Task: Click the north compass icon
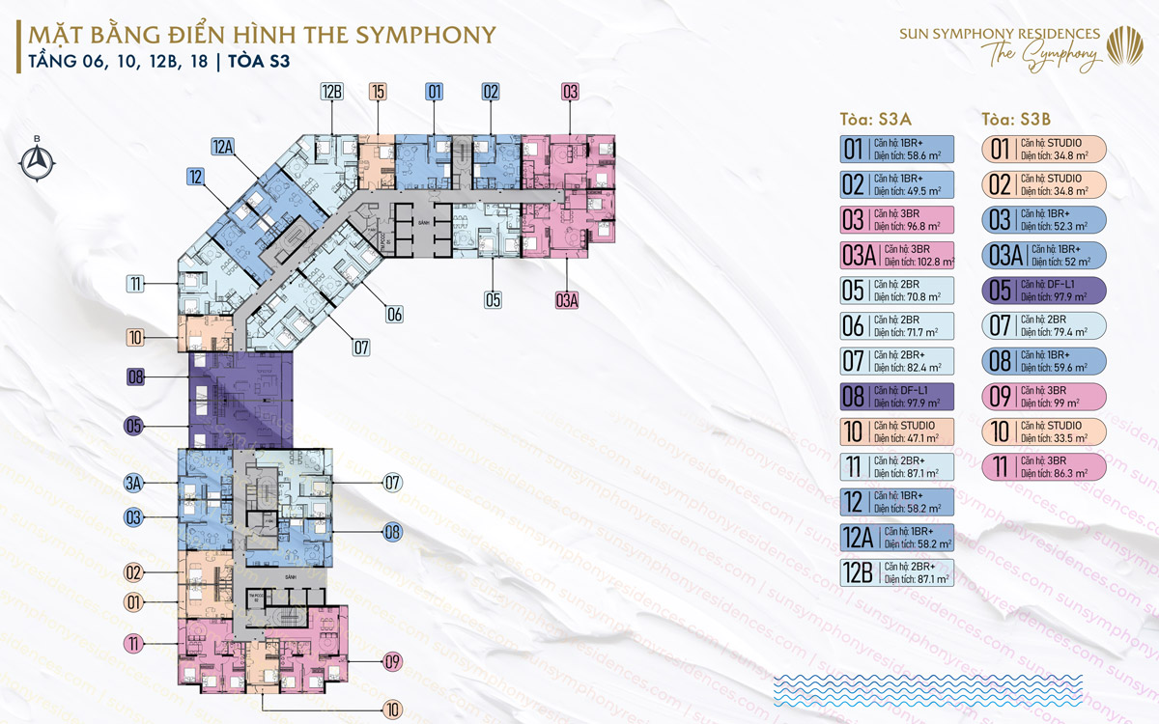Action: click(x=37, y=161)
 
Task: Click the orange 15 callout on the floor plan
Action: click(x=378, y=93)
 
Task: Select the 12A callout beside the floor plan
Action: click(x=223, y=147)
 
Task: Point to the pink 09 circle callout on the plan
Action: click(x=392, y=661)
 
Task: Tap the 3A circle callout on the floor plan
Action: click(x=134, y=482)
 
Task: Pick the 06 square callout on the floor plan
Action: click(x=394, y=314)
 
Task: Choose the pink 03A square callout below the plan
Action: click(x=567, y=299)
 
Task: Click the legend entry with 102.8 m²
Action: click(x=897, y=256)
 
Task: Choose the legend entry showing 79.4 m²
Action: click(x=1043, y=325)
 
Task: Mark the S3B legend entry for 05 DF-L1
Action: click(x=1043, y=291)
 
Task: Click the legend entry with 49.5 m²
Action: click(x=897, y=184)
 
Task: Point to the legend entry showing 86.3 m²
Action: click(x=1043, y=467)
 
